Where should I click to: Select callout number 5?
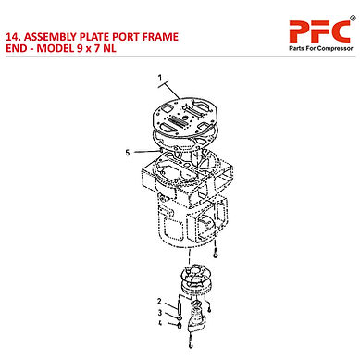point(126,153)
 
